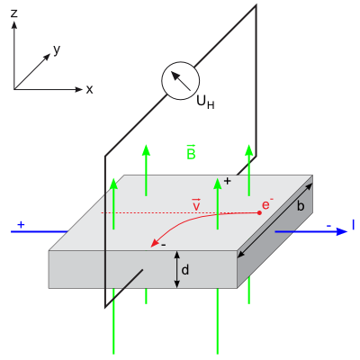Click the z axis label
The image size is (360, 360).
coord(13,13)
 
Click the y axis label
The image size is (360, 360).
coord(57,50)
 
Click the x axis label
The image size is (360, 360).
coord(89,89)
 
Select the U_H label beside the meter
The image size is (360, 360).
coord(205,103)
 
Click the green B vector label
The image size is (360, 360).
coord(191,152)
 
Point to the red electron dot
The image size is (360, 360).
coord(259,212)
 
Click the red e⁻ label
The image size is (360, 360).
coord(267,204)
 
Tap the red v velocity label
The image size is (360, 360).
coord(196,205)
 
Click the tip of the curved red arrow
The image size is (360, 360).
coord(151,247)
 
